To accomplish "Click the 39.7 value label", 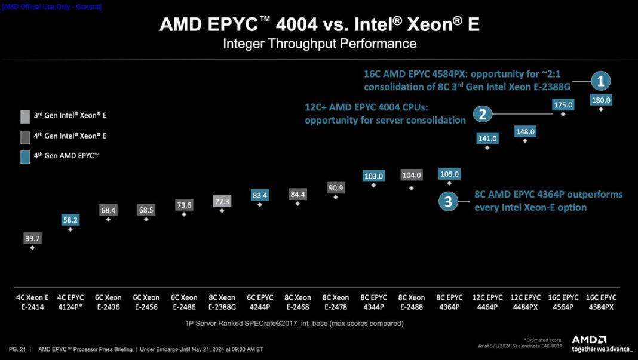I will click(x=32, y=239).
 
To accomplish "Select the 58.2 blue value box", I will click(x=70, y=220).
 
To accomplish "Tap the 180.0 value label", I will click(x=601, y=100).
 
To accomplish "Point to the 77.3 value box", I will click(x=222, y=202).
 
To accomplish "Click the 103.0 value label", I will click(x=373, y=176).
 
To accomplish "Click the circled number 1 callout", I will click(x=601, y=81).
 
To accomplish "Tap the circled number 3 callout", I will click(x=448, y=201).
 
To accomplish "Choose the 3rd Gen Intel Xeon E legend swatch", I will click(x=24, y=115).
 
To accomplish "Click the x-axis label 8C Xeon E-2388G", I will click(x=222, y=301).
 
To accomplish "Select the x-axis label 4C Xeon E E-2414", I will click(x=32, y=301).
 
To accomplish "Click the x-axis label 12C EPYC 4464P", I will click(x=487, y=301).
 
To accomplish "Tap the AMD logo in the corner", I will click(x=589, y=340).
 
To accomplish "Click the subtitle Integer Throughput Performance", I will click(x=319, y=44).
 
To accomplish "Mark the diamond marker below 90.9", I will click(x=336, y=197).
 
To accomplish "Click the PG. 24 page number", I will click(x=17, y=349).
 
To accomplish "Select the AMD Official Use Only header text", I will click(x=52, y=7).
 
